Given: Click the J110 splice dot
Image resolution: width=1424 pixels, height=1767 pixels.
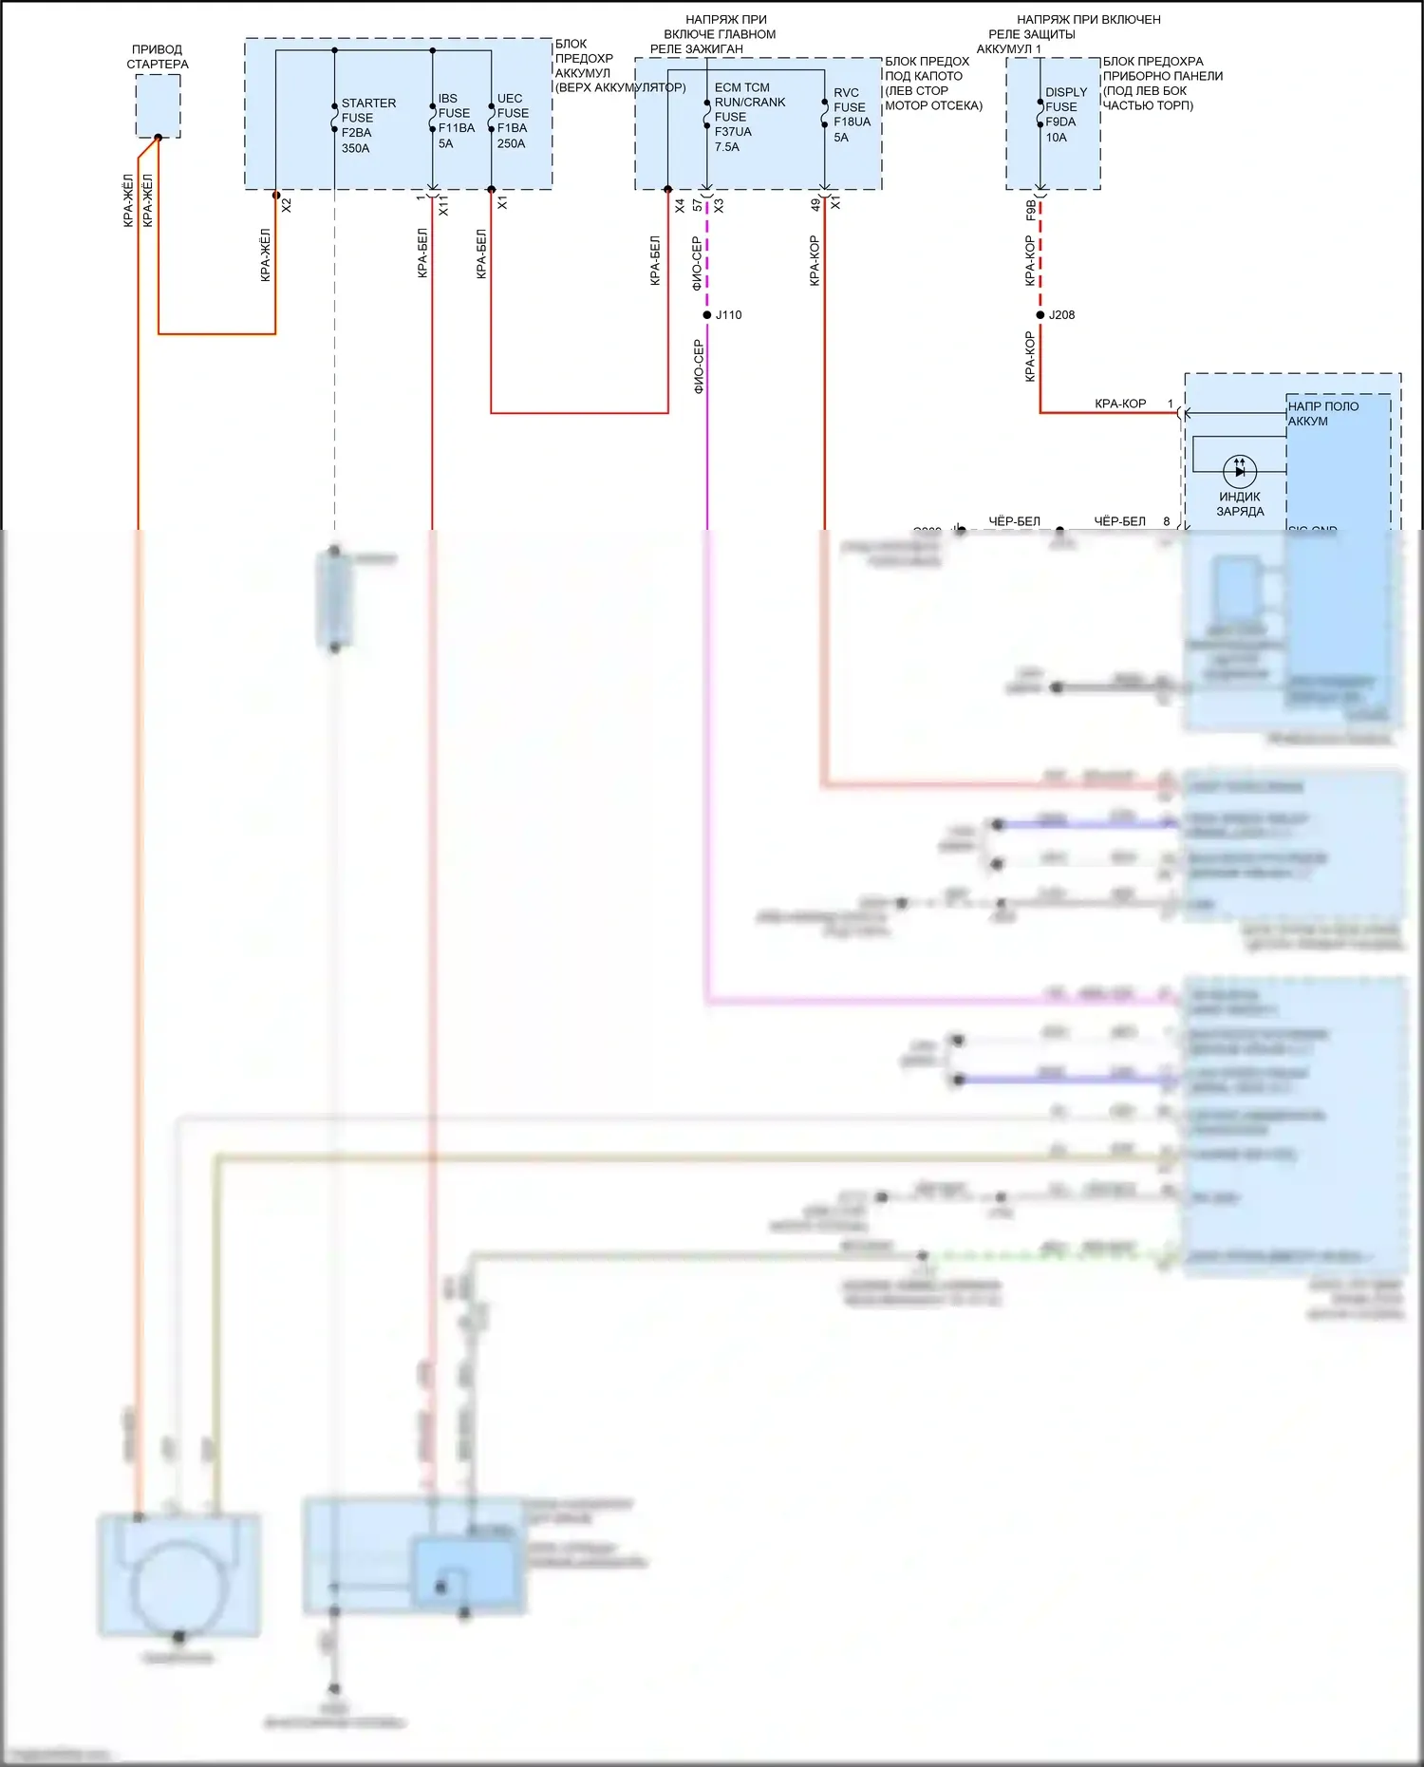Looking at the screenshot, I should [x=707, y=315].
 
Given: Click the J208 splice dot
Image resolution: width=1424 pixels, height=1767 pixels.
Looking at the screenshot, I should [x=1040, y=315].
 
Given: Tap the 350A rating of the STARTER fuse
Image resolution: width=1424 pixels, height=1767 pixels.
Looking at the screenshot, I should [x=356, y=149].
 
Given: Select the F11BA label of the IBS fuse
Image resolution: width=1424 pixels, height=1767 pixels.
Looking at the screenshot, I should [x=457, y=128].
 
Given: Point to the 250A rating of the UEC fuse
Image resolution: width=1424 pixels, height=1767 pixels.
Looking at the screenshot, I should [x=511, y=144].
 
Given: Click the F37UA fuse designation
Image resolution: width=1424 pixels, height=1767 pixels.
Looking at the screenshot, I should [x=733, y=132].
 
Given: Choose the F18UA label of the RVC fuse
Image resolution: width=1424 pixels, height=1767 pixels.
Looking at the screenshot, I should [x=852, y=122].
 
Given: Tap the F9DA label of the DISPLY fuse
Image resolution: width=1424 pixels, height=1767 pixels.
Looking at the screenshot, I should [x=1060, y=122].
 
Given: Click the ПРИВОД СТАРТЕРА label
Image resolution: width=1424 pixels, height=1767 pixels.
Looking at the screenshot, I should [x=158, y=57].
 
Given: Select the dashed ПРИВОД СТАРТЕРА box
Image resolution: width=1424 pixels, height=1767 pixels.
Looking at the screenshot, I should [x=158, y=105].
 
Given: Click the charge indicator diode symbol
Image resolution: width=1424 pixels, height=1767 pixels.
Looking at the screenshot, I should [x=1240, y=470].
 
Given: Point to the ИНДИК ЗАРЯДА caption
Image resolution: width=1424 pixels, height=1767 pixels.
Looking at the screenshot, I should [x=1240, y=504].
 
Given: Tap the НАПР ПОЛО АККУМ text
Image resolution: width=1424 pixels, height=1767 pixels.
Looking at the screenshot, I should [x=1322, y=414].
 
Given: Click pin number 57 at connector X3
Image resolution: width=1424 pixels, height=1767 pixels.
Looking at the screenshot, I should [x=698, y=205].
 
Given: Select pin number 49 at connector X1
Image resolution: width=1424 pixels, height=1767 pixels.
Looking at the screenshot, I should [x=815, y=204].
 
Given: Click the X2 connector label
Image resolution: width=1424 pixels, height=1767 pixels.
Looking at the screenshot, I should [x=287, y=205].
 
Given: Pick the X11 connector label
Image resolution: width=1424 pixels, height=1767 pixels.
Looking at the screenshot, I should [x=443, y=207].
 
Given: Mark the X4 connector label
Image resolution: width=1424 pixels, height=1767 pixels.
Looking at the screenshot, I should [x=680, y=205].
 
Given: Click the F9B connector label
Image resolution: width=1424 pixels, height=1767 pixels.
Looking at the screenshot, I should [x=1031, y=210].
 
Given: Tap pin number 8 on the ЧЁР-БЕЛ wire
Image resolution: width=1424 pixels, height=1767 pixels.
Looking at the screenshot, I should [x=1167, y=521].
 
